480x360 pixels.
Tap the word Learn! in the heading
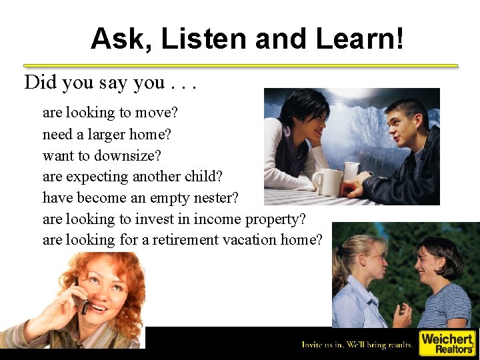[x=359, y=39]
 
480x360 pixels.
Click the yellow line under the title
[x=241, y=65]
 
